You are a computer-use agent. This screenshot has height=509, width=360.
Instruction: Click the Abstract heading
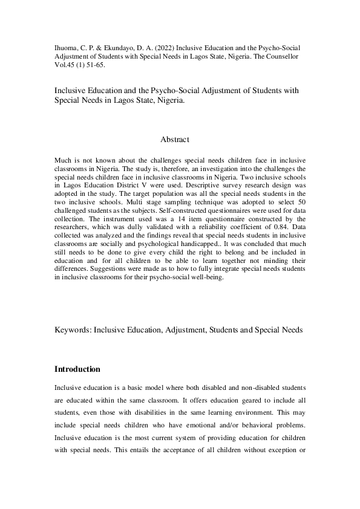coord(175,139)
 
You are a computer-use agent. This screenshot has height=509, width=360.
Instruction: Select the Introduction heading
coord(77,369)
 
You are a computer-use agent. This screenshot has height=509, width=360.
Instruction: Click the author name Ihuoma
coord(67,47)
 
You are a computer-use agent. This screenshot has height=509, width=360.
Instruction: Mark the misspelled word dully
coord(120,221)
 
